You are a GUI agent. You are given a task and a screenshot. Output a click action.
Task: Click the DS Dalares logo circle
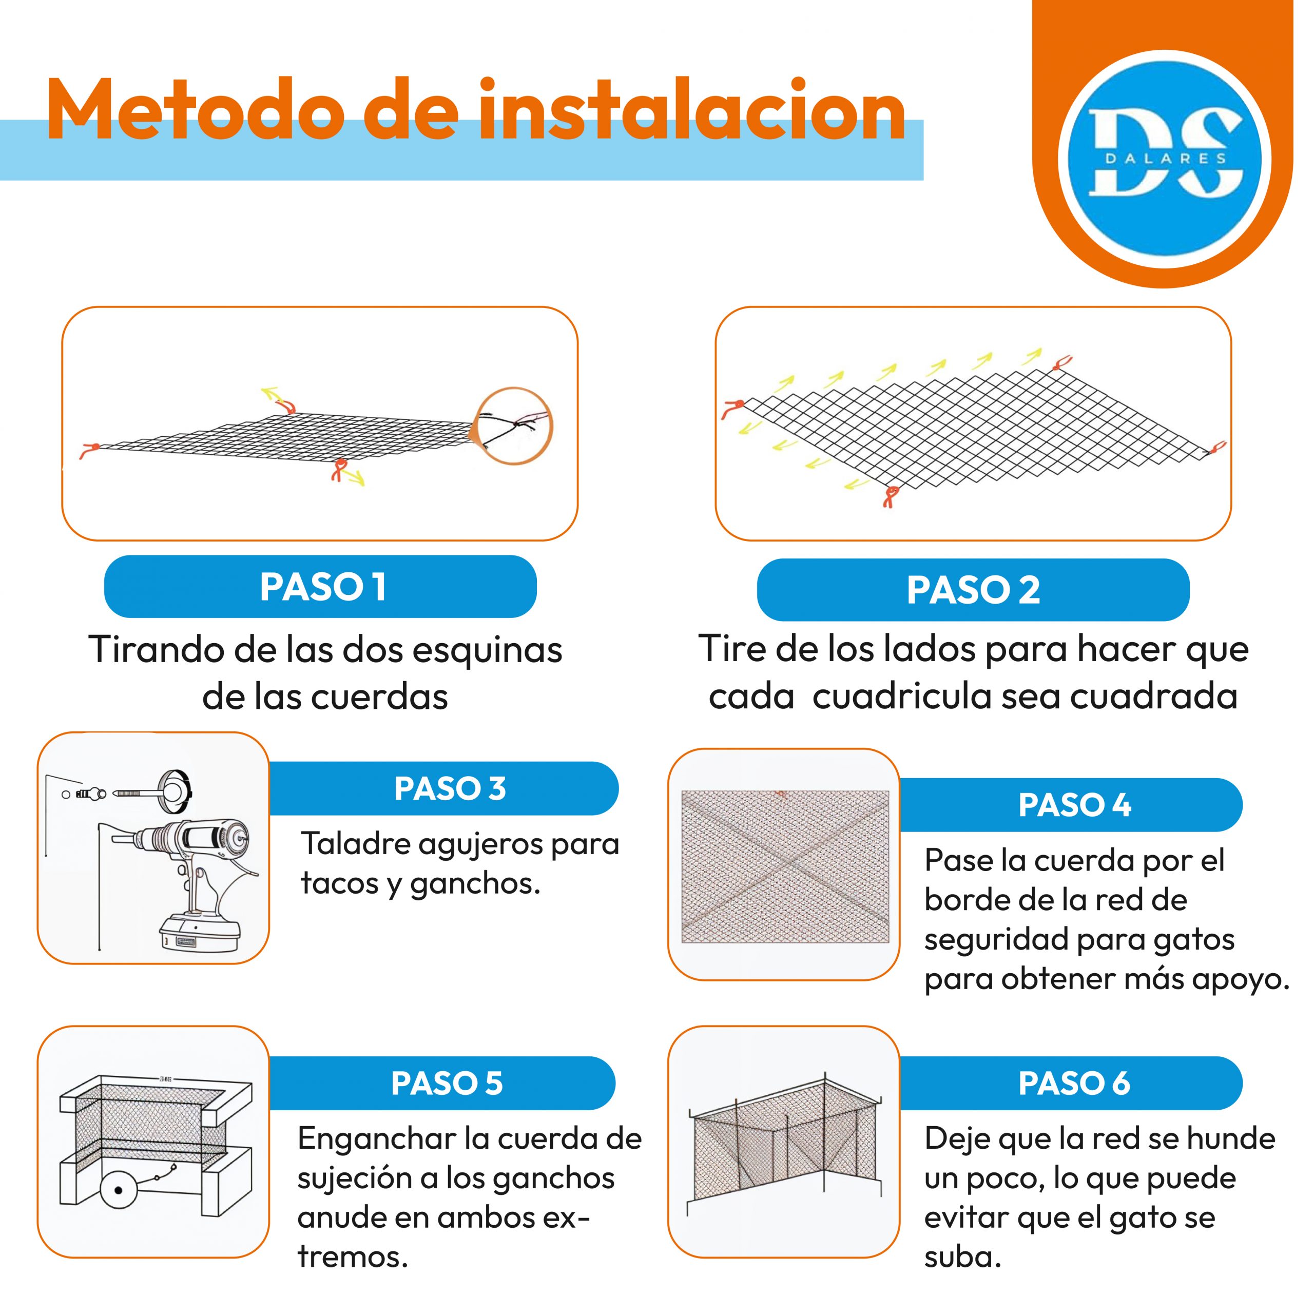pyautogui.click(x=1164, y=159)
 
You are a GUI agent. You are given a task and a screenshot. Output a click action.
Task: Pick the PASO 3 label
pyautogui.click(x=450, y=789)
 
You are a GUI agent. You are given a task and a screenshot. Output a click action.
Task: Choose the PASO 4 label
pyautogui.click(x=1075, y=805)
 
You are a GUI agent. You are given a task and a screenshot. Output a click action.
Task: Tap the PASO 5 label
pyautogui.click(x=447, y=1084)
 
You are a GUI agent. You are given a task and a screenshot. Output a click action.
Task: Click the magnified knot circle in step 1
pyautogui.click(x=513, y=426)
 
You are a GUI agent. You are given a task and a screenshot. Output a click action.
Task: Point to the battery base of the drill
pyautogui.click(x=199, y=933)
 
